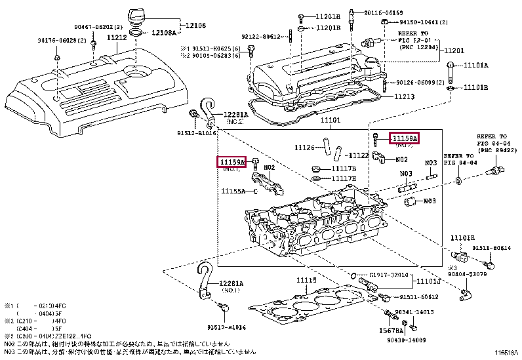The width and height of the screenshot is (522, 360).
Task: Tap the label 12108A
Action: pos(165,32)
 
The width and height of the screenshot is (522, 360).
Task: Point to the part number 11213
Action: pos(405,96)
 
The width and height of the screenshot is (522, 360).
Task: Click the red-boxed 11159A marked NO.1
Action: pos(231,161)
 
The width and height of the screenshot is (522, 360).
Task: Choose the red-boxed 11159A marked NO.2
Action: pos(403,138)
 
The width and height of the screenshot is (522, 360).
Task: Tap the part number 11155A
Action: pos(233,191)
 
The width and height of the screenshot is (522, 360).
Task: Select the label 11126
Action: pos(305,148)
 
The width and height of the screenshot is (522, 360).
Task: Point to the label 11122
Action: pos(358,155)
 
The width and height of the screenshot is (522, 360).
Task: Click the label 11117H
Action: pos(344,178)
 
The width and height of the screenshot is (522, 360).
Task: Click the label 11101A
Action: pos(477,66)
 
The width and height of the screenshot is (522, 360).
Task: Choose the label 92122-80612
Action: pos(261,37)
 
